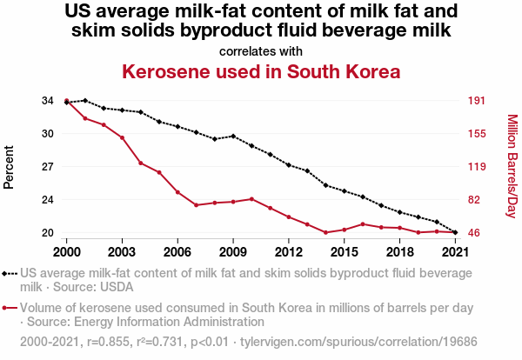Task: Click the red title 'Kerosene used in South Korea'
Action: (261, 70)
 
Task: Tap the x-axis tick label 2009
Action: (233, 251)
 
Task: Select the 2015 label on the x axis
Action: (345, 251)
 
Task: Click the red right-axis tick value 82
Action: (474, 200)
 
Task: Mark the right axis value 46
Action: (474, 233)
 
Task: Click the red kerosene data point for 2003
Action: (122, 137)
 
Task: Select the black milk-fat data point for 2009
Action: (233, 136)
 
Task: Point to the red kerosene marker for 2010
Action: (251, 199)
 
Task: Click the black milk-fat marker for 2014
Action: (325, 185)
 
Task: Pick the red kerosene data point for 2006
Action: (177, 192)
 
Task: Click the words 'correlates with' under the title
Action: (261, 50)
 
